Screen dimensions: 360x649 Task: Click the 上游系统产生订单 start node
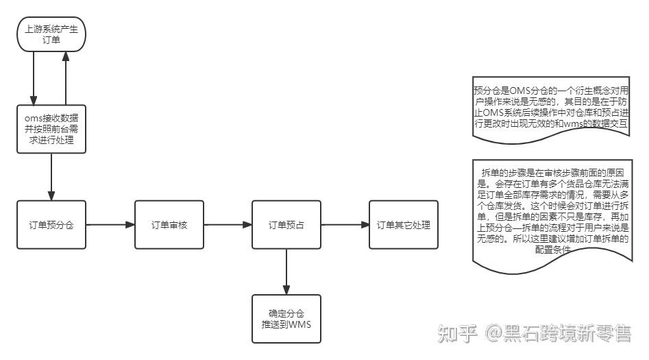[51, 34]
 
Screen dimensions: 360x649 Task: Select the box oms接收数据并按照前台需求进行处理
[52, 129]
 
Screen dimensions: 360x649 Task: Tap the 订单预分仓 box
[52, 224]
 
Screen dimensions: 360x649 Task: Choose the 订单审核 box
[169, 224]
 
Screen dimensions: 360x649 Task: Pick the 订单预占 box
[286, 224]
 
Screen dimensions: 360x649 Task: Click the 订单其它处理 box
[403, 224]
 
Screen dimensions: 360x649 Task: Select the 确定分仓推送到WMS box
[286, 319]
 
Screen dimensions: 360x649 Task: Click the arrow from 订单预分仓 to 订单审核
[110, 224]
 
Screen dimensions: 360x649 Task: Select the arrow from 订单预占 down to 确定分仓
[286, 272]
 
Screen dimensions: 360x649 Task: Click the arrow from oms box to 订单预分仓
[52, 177]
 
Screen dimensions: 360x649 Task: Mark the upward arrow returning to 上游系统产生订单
[66, 79]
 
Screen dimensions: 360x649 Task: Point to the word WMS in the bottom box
[299, 324]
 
